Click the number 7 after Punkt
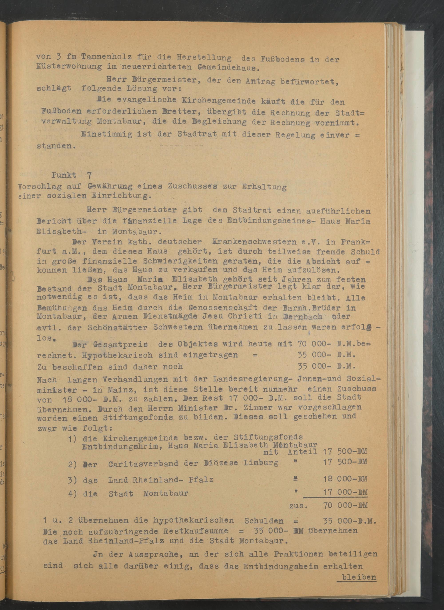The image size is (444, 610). tap(89, 175)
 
